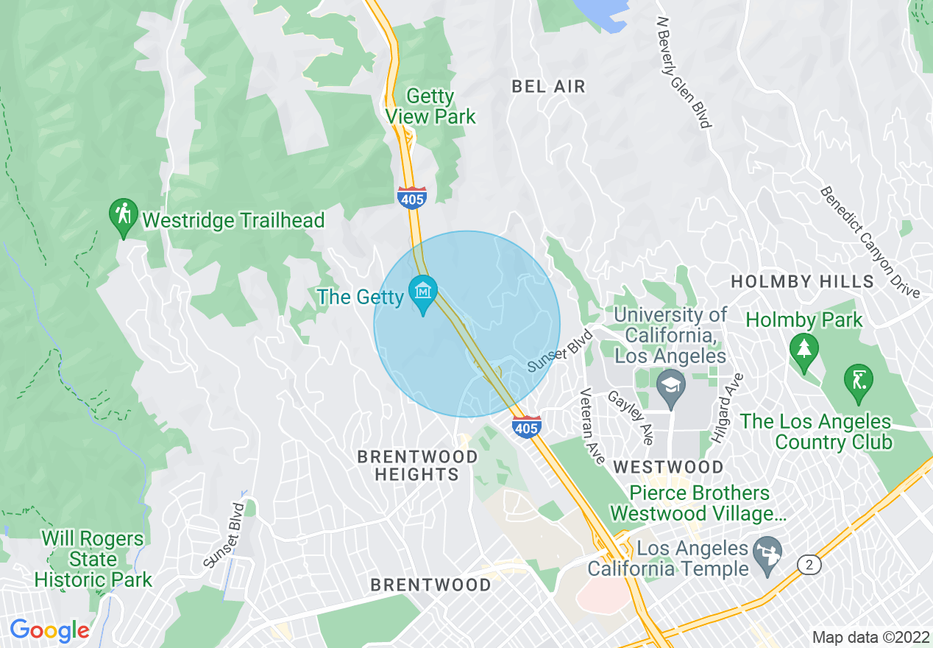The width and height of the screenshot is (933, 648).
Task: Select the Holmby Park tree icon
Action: pyautogui.click(x=803, y=349)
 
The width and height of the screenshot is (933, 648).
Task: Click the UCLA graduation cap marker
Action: pyautogui.click(x=670, y=387)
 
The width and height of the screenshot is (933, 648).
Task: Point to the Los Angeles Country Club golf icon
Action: pyautogui.click(x=858, y=381)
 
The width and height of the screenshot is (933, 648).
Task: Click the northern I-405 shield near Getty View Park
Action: pyautogui.click(x=412, y=198)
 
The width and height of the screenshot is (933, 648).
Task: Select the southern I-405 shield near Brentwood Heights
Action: pyautogui.click(x=527, y=426)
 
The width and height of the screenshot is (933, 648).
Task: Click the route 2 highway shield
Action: pyautogui.click(x=809, y=564)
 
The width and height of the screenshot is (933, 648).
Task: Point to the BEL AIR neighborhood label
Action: pyautogui.click(x=549, y=87)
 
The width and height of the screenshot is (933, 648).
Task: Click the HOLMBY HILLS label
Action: pyautogui.click(x=802, y=281)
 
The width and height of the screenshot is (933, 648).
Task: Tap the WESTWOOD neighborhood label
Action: pyautogui.click(x=668, y=467)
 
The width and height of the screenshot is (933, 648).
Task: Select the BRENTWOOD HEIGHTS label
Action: pyautogui.click(x=416, y=465)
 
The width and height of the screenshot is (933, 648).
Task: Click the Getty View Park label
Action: pyautogui.click(x=430, y=107)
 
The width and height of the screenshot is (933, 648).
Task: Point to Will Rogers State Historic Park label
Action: pyautogui.click(x=93, y=559)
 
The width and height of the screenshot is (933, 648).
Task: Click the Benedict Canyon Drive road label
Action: pyautogui.click(x=870, y=242)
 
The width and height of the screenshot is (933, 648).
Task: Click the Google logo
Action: pyautogui.click(x=49, y=630)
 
